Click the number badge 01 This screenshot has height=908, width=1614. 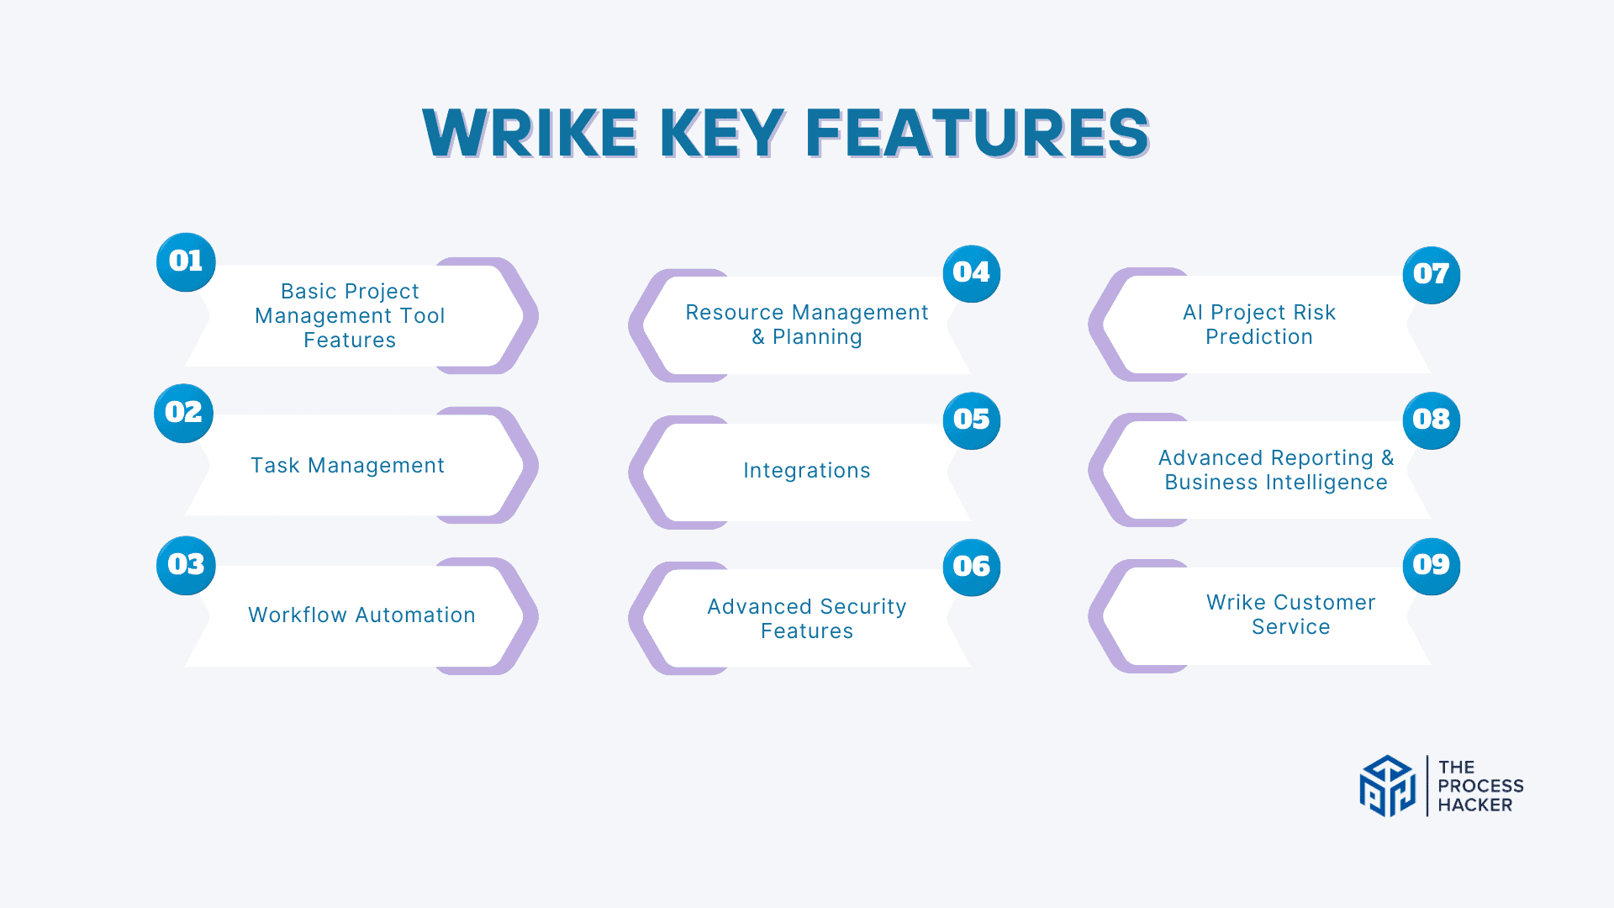186,262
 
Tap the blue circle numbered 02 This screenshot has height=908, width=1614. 183,413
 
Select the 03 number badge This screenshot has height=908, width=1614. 186,565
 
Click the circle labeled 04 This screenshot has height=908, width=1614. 972,274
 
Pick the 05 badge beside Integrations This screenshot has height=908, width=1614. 972,420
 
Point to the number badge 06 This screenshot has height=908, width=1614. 972,567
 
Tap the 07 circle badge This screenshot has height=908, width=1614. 1432,275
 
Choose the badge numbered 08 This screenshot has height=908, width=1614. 1432,420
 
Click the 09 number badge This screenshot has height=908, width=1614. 1432,566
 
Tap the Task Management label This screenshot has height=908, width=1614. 348,466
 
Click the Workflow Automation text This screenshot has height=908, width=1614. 362,615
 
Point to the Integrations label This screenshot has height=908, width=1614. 807,471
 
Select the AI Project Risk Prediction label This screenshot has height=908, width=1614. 1259,325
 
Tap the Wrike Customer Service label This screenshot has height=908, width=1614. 1291,615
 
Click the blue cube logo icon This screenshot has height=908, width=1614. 1388,786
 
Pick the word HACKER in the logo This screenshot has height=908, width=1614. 1475,805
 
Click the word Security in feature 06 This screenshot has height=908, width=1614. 863,607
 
